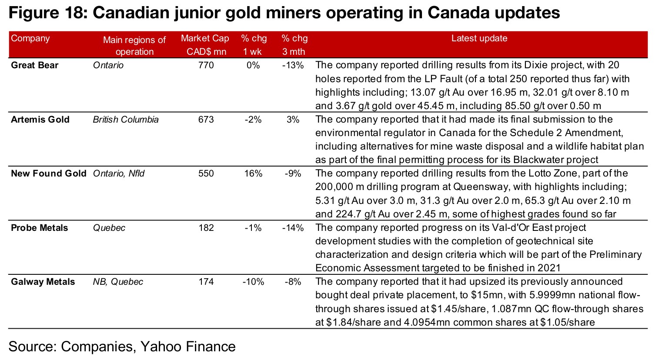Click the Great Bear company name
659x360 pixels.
(x=34, y=65)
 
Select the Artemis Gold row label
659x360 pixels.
(x=40, y=120)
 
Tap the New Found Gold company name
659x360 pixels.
(x=48, y=173)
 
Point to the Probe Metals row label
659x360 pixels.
(x=39, y=228)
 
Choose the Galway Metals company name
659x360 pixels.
(x=43, y=282)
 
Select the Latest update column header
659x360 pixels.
(x=479, y=38)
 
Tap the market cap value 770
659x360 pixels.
(x=206, y=65)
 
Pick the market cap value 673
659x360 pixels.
(x=206, y=120)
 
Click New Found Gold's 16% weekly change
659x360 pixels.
(x=253, y=173)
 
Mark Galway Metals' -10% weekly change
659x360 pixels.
(x=253, y=282)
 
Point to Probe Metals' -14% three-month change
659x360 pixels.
(x=293, y=228)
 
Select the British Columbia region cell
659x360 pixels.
(x=126, y=120)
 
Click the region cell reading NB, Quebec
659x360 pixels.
(x=118, y=282)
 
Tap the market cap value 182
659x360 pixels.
(x=206, y=228)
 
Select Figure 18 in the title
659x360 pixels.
(x=46, y=13)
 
